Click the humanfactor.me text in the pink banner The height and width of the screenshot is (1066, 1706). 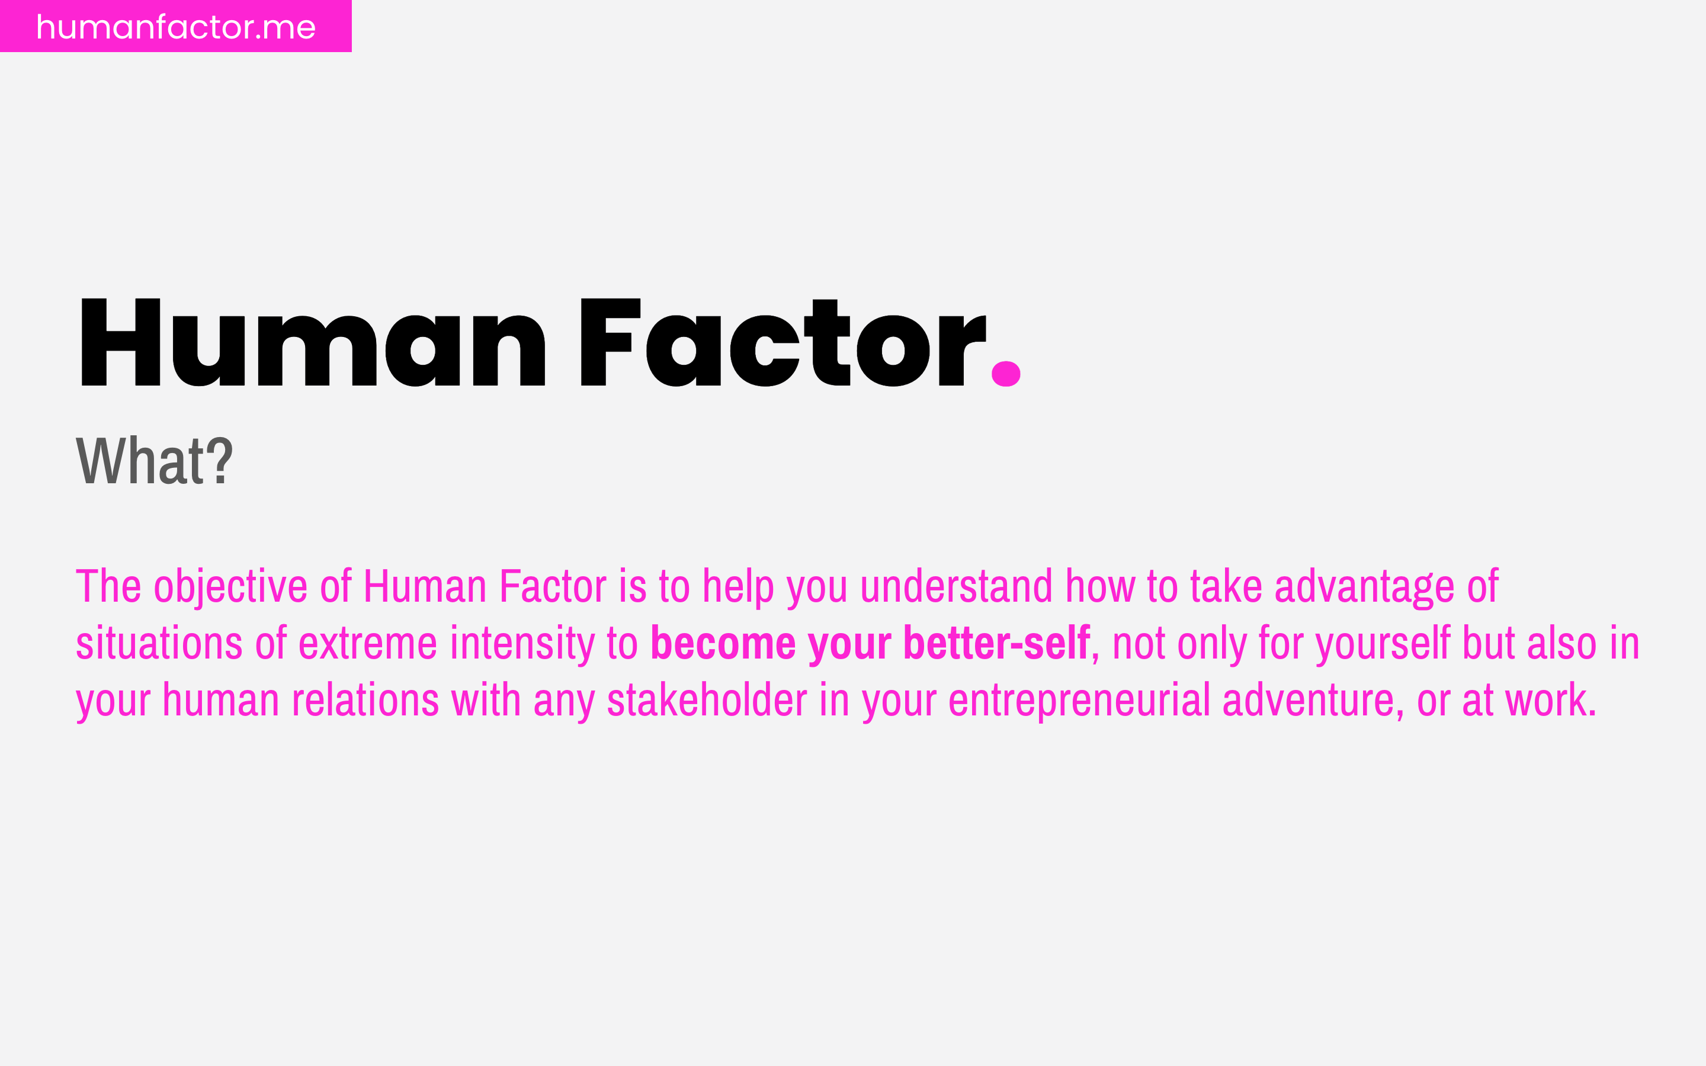pos(175,27)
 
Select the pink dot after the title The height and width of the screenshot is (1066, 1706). pos(1006,374)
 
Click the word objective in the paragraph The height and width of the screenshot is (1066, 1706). pos(230,586)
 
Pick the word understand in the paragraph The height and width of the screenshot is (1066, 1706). pos(957,586)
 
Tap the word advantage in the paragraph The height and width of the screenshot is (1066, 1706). pos(1364,586)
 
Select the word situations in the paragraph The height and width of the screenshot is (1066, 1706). pos(159,644)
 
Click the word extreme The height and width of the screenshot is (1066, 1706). pos(367,644)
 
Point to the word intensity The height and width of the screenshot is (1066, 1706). pos(522,644)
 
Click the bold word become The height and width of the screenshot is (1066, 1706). pos(723,644)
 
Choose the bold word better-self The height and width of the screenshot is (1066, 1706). pos(996,644)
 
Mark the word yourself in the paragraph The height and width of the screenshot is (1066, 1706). pos(1383,644)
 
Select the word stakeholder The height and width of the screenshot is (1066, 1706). pos(706,701)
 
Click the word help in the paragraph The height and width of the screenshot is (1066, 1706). pos(738,586)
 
